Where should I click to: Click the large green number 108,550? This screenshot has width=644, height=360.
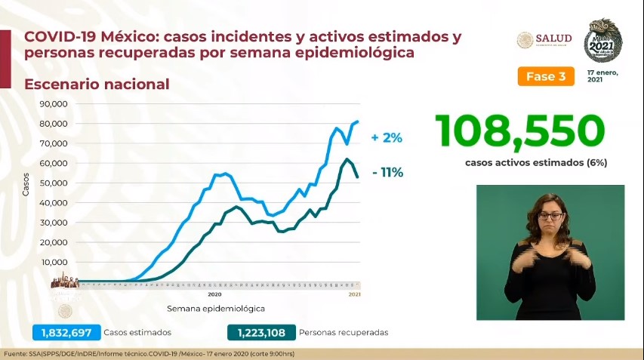520,132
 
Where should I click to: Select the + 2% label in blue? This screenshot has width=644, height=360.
387,138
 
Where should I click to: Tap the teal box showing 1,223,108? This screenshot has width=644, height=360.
260,332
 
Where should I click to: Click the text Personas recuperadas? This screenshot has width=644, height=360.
344,332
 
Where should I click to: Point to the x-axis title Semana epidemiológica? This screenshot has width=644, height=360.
215,309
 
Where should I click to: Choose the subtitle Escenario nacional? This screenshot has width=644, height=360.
97,84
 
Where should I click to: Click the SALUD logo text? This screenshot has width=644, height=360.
553,38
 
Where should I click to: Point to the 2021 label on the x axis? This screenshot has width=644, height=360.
355,294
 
